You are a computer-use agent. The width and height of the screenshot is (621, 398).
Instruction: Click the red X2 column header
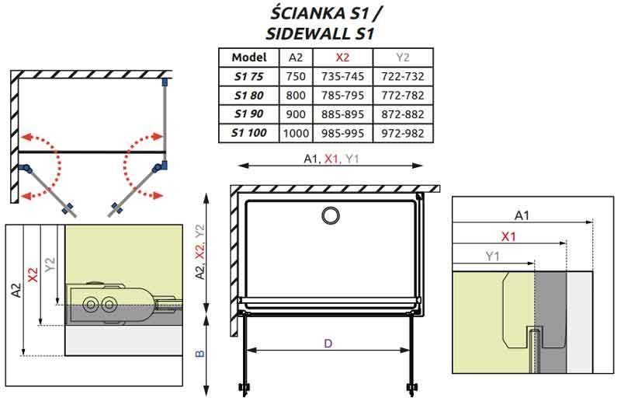coord(342,58)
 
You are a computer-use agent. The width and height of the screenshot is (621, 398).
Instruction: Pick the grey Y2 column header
coord(402,58)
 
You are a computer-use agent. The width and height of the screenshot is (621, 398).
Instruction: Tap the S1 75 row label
coord(248,76)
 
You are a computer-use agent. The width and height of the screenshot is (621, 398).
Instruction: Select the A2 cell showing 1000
coord(296,133)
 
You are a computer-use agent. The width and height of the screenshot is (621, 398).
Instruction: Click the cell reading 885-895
coord(342,114)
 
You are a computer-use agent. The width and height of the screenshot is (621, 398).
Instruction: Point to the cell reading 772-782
coord(402,95)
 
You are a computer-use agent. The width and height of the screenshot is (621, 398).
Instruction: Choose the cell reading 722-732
coord(402,76)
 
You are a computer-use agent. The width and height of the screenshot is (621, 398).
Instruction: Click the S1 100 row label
coord(248,133)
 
